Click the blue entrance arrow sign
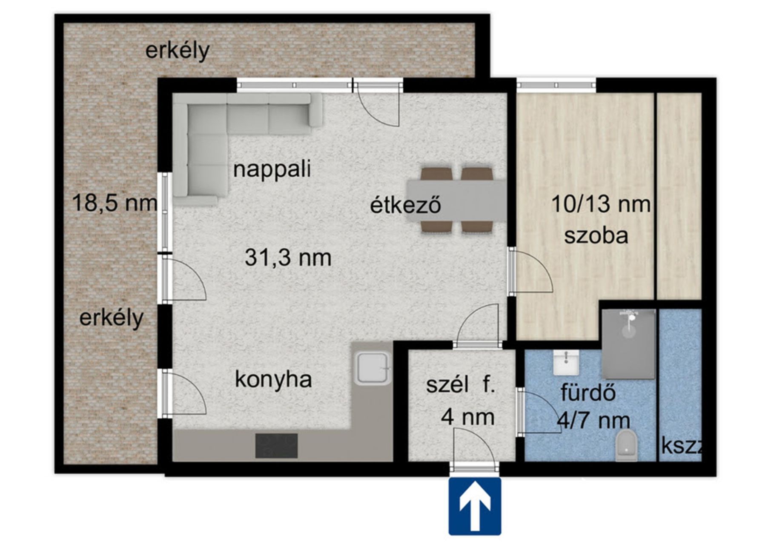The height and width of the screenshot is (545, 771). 475,506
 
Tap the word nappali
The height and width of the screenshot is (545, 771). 272,169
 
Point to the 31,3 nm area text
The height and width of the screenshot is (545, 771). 288,258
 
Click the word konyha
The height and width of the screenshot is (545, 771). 273,380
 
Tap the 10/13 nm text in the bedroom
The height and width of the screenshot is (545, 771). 601,204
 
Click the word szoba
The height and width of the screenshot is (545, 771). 596,235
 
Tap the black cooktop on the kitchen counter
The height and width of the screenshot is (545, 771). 276,445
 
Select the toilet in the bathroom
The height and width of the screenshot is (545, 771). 627,445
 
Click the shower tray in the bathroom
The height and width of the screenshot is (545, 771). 628,344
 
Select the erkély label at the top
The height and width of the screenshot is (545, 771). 178,51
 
